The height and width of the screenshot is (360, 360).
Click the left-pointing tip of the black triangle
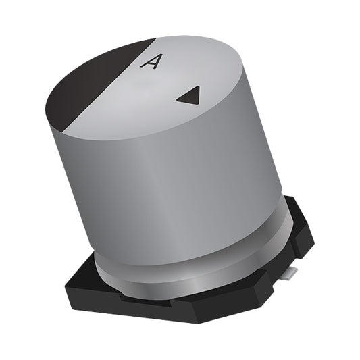(178, 99)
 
